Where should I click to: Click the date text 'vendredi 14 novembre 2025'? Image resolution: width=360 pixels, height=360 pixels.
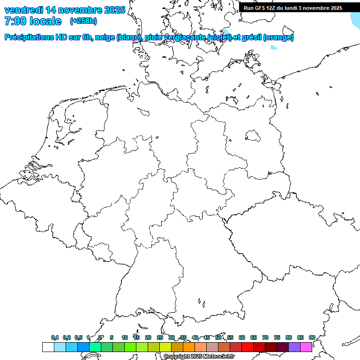click(65, 10)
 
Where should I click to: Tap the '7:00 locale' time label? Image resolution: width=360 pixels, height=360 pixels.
click(32, 21)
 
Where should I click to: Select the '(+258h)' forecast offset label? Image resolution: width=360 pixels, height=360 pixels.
click(83, 21)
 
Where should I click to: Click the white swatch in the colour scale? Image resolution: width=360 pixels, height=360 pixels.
click(48, 347)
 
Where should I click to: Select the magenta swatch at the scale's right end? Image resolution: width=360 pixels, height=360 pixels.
click(306, 347)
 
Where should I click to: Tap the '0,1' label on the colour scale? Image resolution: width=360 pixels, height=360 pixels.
click(55, 337)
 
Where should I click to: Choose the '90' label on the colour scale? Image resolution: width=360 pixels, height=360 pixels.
click(312, 337)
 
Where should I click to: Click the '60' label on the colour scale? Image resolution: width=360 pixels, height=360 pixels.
click(242, 337)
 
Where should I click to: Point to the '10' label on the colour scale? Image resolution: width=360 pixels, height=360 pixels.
click(125, 337)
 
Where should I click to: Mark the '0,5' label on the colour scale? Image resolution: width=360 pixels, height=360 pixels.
click(78, 337)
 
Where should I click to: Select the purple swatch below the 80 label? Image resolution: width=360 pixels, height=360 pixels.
click(294, 347)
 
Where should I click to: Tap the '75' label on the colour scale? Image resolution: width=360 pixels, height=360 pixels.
click(277, 337)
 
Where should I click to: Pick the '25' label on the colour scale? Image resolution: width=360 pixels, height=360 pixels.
click(160, 337)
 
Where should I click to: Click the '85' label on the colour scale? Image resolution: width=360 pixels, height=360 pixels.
click(300, 337)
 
